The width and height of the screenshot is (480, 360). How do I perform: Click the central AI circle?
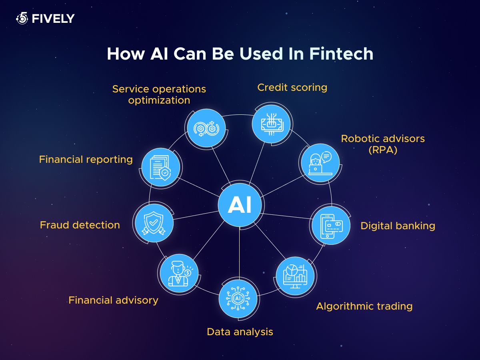coord(240,205)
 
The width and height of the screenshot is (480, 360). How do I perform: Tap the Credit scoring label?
coord(292,88)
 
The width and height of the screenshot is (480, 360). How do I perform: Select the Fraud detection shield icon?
coord(154,223)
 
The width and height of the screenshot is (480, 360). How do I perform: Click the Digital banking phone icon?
coord(331,226)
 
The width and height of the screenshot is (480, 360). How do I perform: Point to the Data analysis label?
coord(240,332)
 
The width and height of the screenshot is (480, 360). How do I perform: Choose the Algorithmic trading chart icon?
coord(295,276)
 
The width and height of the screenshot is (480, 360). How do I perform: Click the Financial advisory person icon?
coord(179,273)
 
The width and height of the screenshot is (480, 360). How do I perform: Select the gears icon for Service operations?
coord(206,128)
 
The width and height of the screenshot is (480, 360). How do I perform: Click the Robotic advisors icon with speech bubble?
coord(320,163)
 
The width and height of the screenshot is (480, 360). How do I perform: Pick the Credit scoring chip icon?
coord(272,124)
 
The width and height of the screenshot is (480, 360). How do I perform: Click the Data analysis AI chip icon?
coord(238,298)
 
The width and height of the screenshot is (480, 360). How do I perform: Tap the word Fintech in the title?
coord(341,54)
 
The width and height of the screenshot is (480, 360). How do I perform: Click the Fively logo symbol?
coord(22,18)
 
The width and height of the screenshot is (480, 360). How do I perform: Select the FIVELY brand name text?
coord(53,18)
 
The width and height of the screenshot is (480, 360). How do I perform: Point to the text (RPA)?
coord(383,150)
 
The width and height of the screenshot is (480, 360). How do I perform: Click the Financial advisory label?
coord(113,300)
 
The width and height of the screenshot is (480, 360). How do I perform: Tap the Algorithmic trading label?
coord(364,306)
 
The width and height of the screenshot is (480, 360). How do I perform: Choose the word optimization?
coord(159,100)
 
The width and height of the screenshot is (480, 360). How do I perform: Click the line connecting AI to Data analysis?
coord(239,253)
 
